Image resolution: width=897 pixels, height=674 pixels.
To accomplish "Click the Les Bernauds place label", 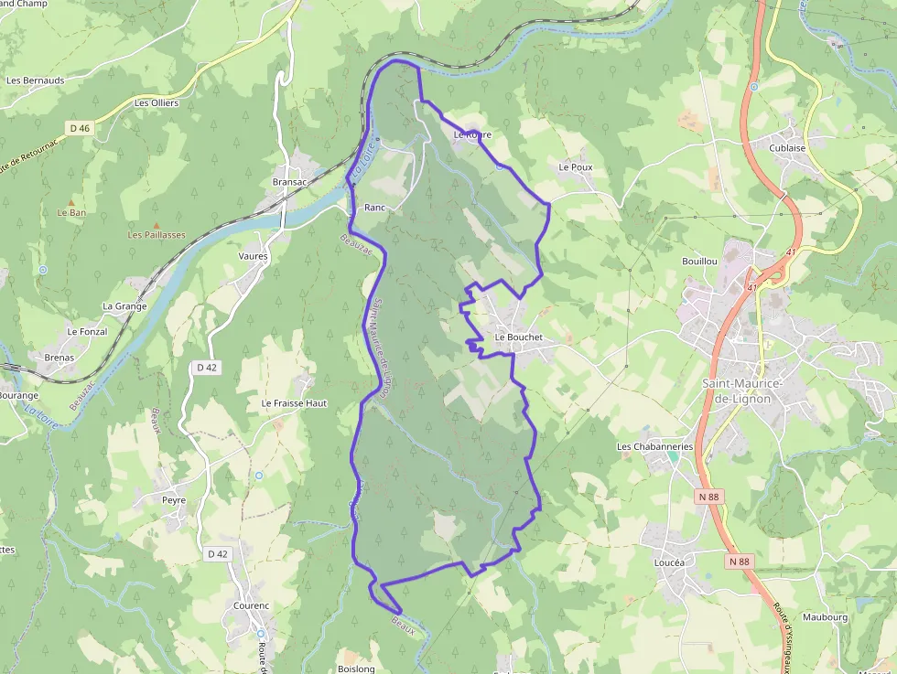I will coord(35,80).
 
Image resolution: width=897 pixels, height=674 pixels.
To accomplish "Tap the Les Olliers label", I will coord(157,103).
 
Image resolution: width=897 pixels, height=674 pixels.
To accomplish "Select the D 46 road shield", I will coord(80,129).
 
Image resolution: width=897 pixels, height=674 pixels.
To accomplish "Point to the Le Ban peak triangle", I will coord(71,201).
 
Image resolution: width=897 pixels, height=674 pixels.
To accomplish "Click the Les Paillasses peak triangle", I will coord(157,225).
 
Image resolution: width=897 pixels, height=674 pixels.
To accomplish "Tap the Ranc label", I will coord(374,208).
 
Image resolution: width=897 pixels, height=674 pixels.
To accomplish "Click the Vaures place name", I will coord(254,256).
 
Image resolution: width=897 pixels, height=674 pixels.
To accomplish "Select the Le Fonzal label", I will coord(87,332).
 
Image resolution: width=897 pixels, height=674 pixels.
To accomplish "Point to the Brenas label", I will coord(59,358).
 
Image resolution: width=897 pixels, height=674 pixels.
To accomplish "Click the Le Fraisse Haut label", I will coord(294,403).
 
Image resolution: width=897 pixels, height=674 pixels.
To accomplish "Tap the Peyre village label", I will coord(174,500).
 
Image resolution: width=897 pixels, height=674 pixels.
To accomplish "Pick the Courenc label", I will coord(251,605).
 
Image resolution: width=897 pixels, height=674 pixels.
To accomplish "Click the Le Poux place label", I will coord(576,168).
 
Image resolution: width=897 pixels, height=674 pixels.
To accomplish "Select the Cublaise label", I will coord(787,148).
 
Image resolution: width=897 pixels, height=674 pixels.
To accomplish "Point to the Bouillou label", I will coord(699,262).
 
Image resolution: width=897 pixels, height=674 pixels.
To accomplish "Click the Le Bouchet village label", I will coord(519,337).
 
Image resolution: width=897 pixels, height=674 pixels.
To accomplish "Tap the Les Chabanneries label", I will coord(654,446).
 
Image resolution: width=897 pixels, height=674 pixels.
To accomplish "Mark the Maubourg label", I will coord(826,617).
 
